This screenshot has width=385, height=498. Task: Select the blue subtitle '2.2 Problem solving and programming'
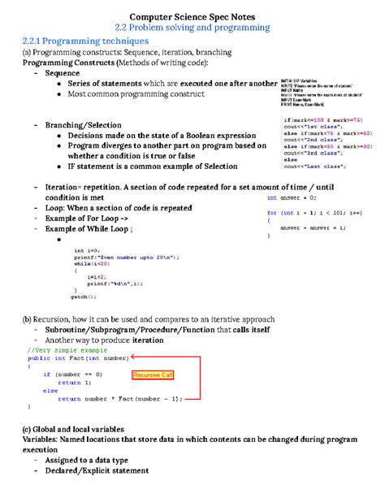pyautogui.click(x=192, y=27)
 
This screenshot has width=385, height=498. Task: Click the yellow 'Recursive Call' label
pyautogui.click(x=158, y=375)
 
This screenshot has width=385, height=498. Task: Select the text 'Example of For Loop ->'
pyautogui.click(x=87, y=219)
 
